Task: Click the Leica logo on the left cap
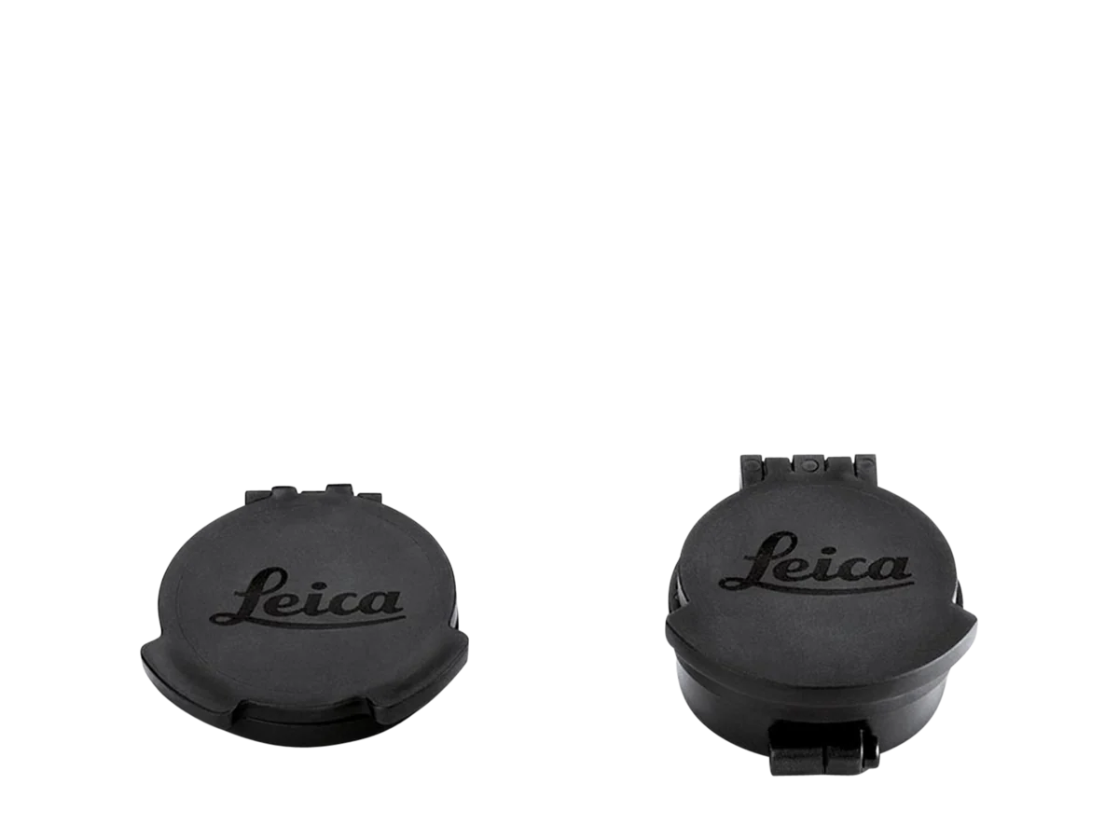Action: click(x=309, y=598)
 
